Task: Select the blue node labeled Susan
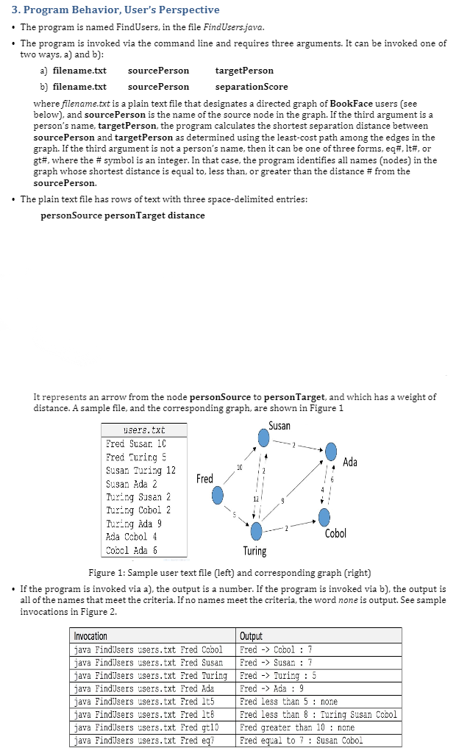coord(263,438)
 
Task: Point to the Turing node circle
coord(256,530)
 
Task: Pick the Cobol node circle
coord(324,517)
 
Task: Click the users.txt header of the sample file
coord(145,429)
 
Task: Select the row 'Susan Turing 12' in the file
coord(140,471)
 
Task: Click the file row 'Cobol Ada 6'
coord(132,550)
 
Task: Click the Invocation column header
coord(90,636)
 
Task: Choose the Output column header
coord(251,636)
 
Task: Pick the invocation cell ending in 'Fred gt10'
coord(148,727)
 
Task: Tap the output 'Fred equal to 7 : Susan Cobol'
coord(302,741)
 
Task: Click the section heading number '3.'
coord(10,10)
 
